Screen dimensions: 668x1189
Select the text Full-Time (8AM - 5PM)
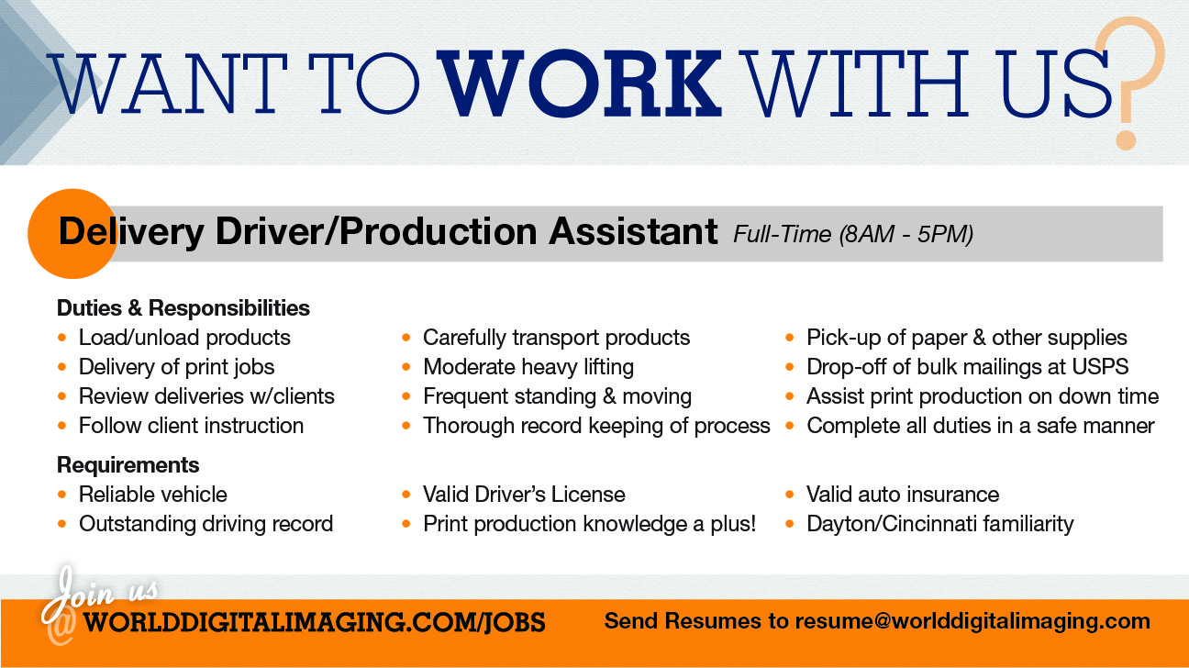853,235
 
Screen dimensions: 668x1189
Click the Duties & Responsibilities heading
183,307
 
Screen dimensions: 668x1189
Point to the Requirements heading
128,464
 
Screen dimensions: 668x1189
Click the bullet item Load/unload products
184,338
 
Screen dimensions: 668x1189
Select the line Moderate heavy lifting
528,367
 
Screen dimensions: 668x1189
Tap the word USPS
1099,367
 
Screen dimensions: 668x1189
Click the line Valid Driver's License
524,495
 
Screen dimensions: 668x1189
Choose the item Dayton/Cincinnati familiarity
939,524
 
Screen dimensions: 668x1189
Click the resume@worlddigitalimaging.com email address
972,621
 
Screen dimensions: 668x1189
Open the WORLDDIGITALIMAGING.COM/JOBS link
314,622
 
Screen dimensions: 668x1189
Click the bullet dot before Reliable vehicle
62,495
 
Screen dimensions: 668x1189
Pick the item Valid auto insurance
903,495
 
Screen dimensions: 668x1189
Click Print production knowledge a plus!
589,524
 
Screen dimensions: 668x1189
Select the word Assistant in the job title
633,232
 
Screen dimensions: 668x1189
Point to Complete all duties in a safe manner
980,426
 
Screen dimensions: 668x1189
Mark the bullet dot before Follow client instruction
62,426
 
